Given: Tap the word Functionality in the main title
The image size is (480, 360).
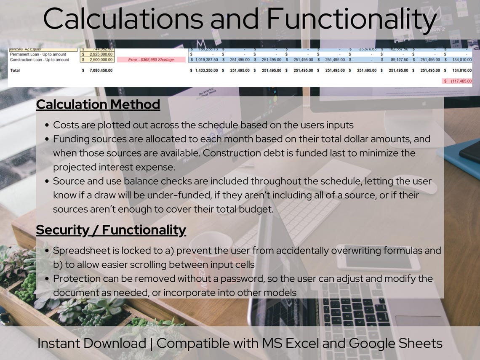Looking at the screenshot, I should tap(351, 19).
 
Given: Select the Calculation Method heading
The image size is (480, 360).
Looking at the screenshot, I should tap(98, 104).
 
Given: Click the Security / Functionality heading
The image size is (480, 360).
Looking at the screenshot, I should tap(111, 230).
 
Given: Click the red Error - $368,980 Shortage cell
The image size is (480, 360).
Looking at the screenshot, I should tap(151, 60).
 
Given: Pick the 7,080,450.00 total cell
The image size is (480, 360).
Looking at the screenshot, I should tap(100, 70).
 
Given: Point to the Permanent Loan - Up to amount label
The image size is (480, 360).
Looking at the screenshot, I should tap(38, 54).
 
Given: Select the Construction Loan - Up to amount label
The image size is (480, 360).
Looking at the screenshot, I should tap(40, 60).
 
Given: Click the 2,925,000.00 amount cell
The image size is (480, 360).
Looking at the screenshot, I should tap(100, 54).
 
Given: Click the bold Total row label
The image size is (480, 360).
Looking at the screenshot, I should tap(15, 70).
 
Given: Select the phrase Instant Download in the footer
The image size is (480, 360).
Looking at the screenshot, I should tap(91, 343).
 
